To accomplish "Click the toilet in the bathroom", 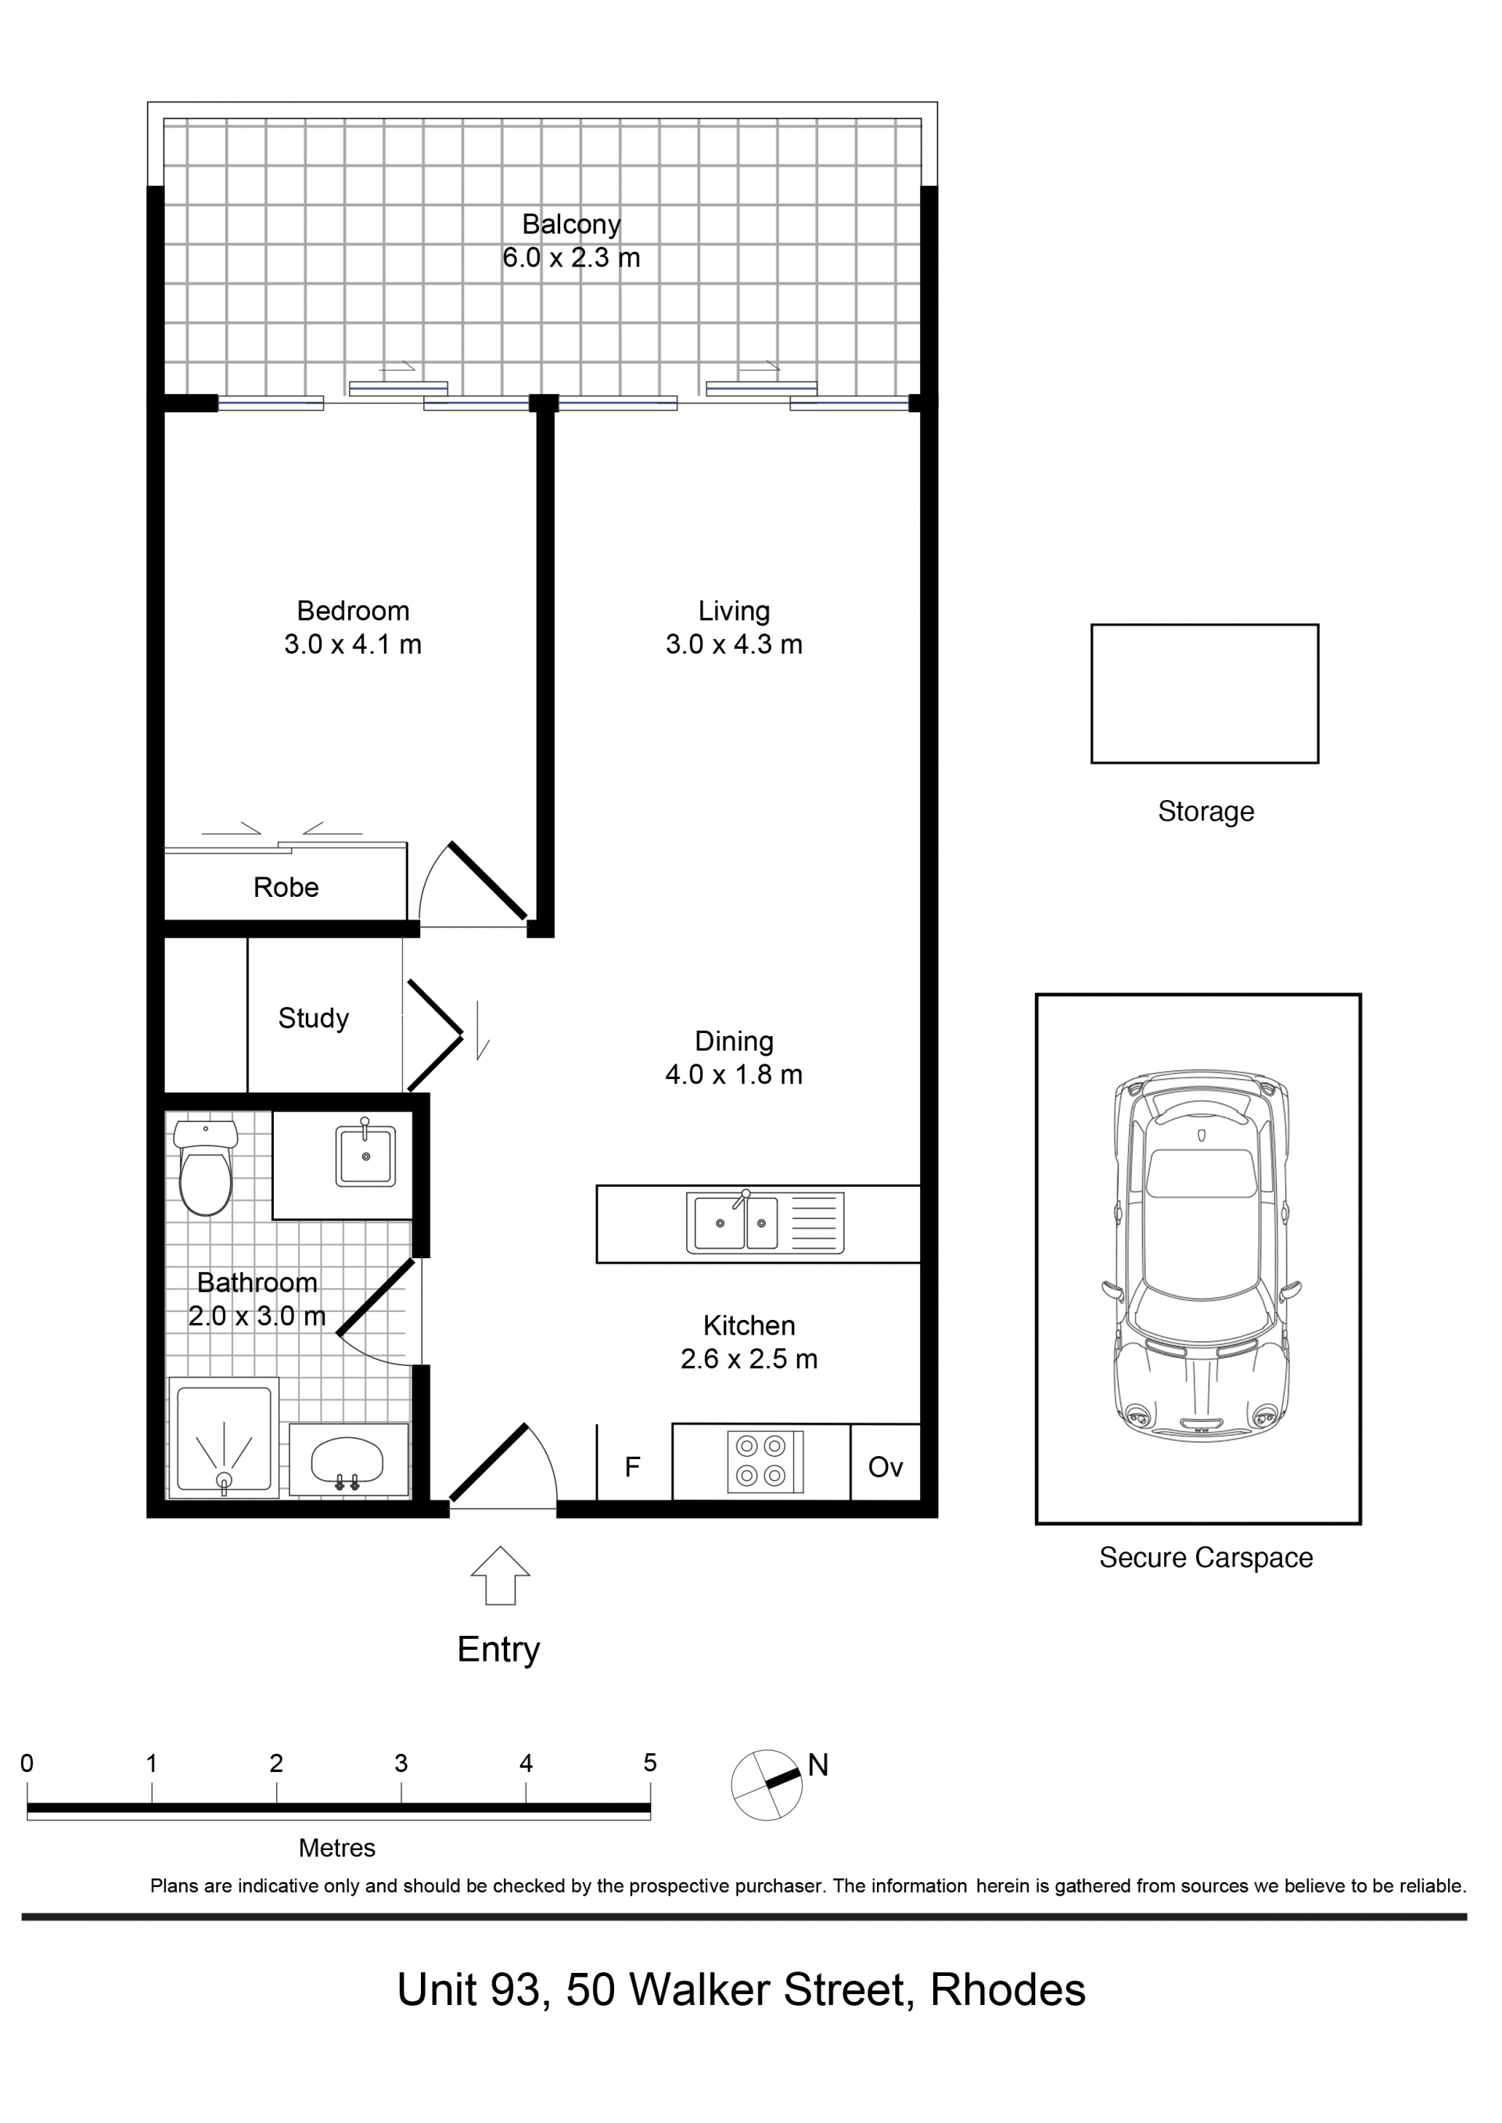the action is point(205,1167).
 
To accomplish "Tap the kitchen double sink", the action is point(765,1222).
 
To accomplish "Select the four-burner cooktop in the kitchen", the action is point(765,1462).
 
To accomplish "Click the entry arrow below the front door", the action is point(501,1576).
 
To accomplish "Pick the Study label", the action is point(314,1019).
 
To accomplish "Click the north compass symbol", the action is point(767,1784).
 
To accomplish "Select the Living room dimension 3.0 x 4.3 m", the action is point(734,644).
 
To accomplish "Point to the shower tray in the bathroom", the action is point(223,1438).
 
